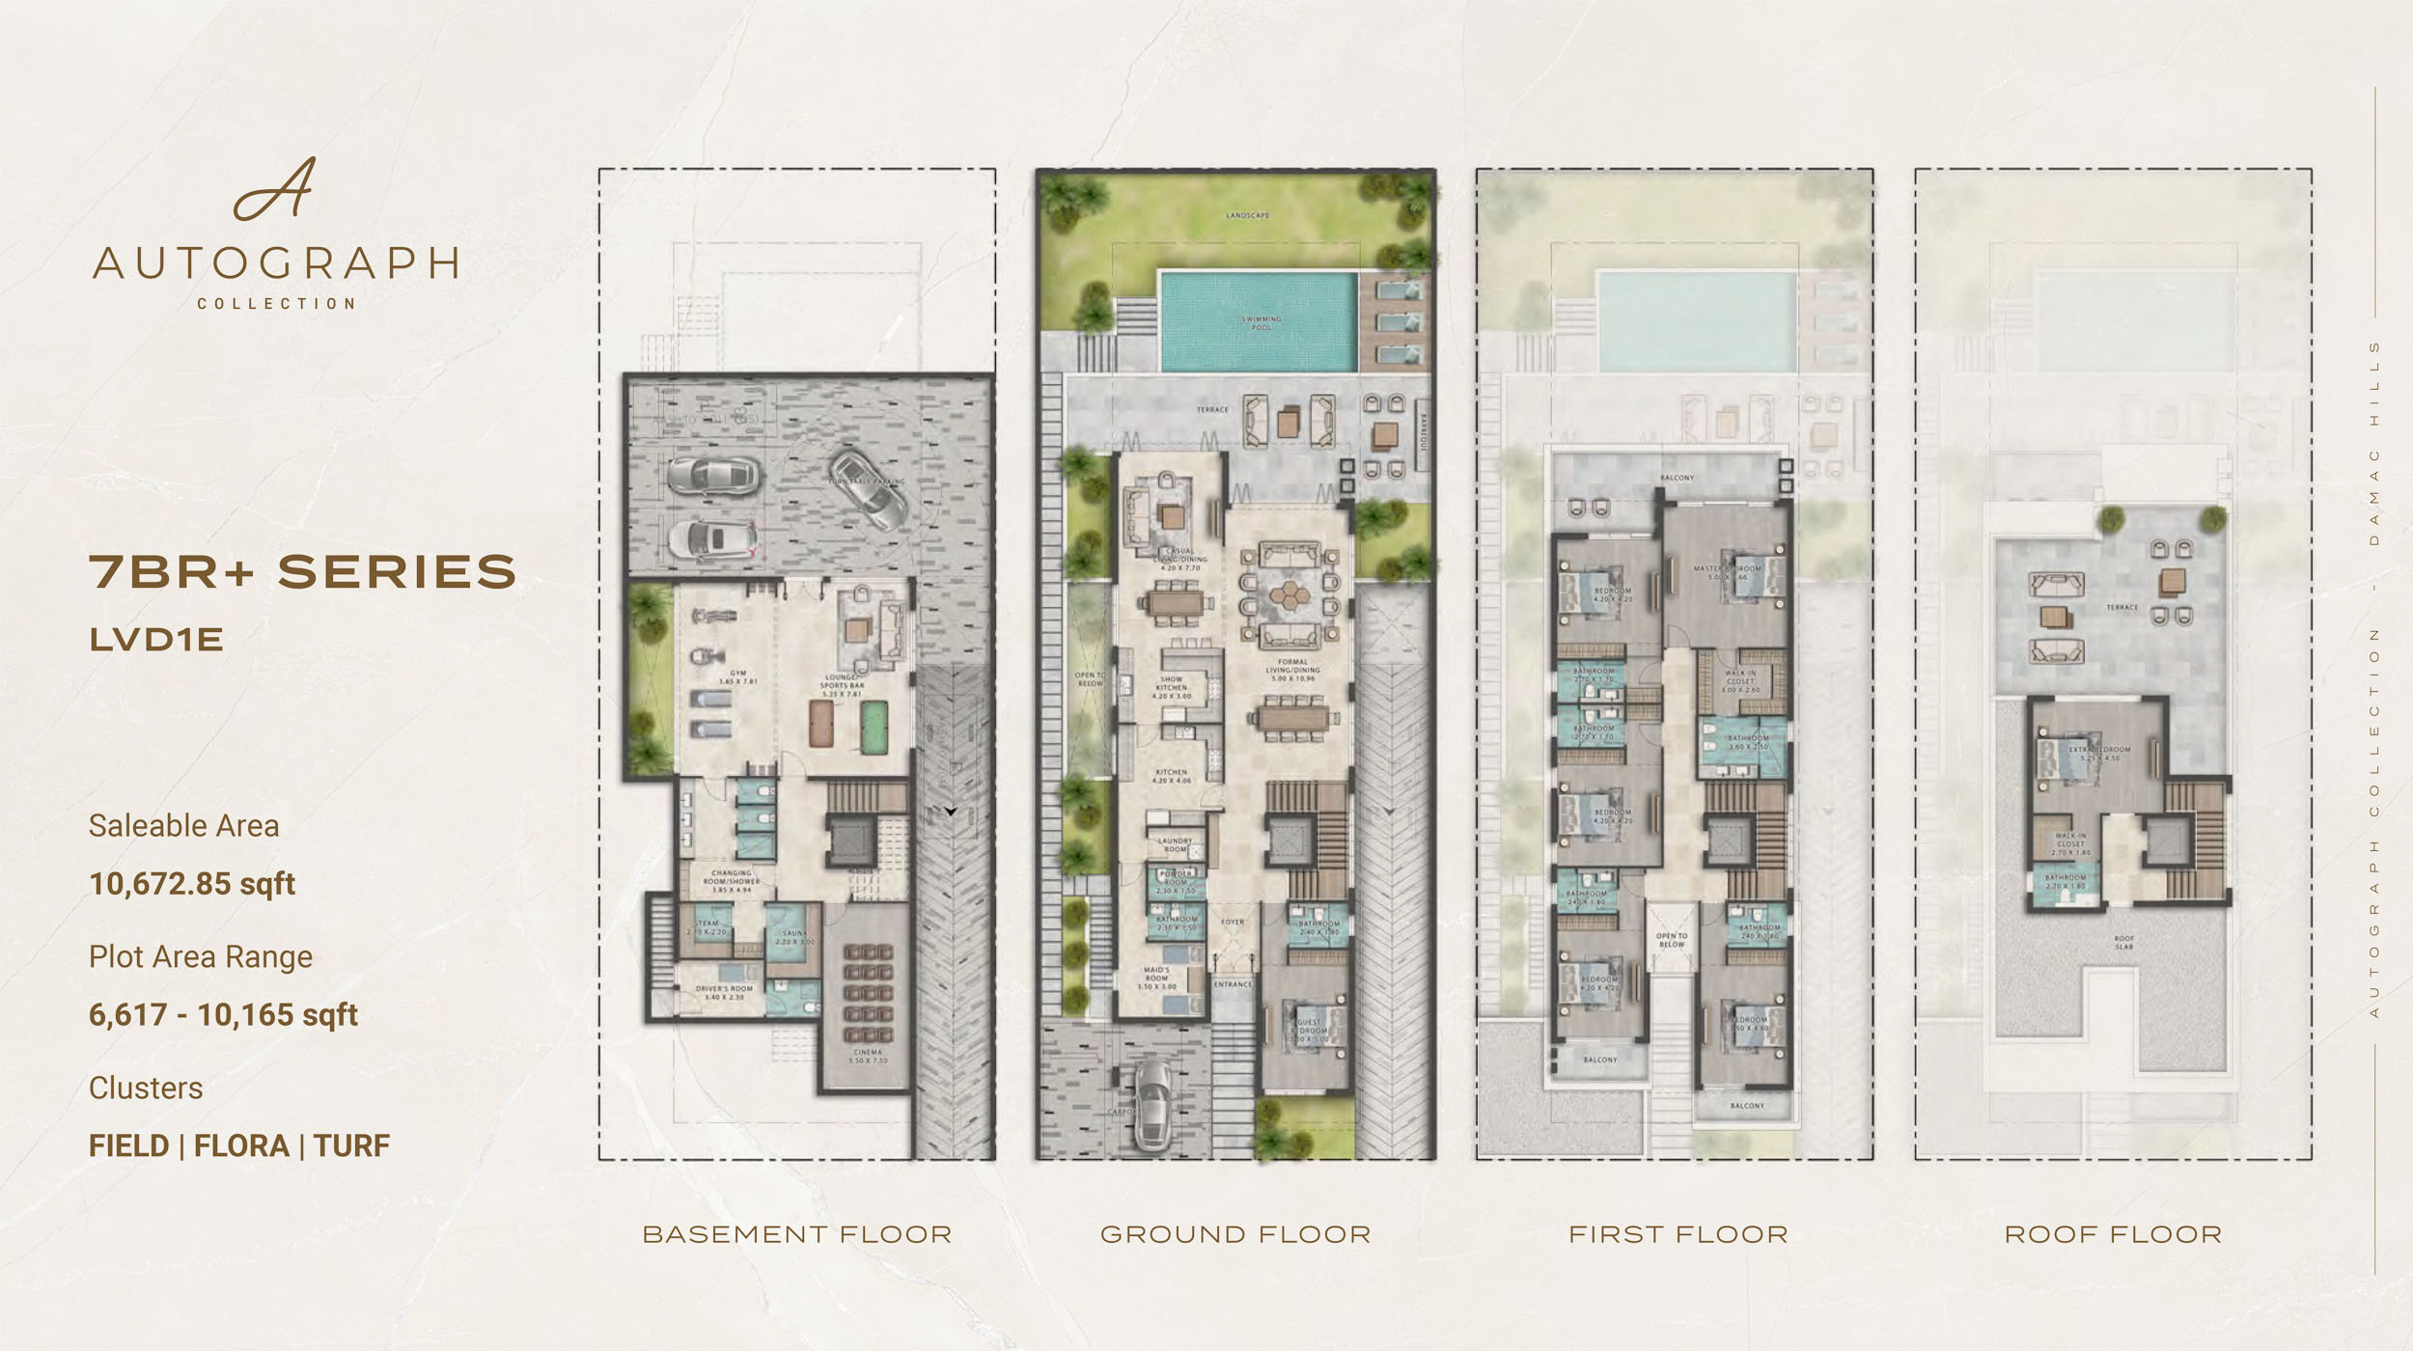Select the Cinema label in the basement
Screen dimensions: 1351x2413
[x=867, y=1056]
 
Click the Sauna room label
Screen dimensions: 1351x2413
[x=793, y=937]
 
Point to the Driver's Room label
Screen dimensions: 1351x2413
[x=724, y=992]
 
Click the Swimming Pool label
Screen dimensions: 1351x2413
[x=1262, y=322]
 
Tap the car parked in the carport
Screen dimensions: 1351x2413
[x=1151, y=1105]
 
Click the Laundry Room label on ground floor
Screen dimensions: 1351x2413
[x=1175, y=844]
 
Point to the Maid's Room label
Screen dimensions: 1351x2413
[x=1156, y=978]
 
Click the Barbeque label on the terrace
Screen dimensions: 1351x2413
[x=1422, y=430]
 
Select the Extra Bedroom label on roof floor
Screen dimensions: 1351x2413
[x=2099, y=753]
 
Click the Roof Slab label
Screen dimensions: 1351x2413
[x=2123, y=942]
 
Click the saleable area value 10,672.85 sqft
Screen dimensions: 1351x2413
[x=192, y=884]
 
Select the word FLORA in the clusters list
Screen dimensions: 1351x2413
[x=241, y=1145]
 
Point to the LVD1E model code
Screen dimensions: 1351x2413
[x=156, y=640]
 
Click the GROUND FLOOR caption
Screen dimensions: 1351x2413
[x=1235, y=1234]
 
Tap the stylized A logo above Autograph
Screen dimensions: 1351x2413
[x=275, y=189]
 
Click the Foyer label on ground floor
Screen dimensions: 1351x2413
[x=1233, y=923]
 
